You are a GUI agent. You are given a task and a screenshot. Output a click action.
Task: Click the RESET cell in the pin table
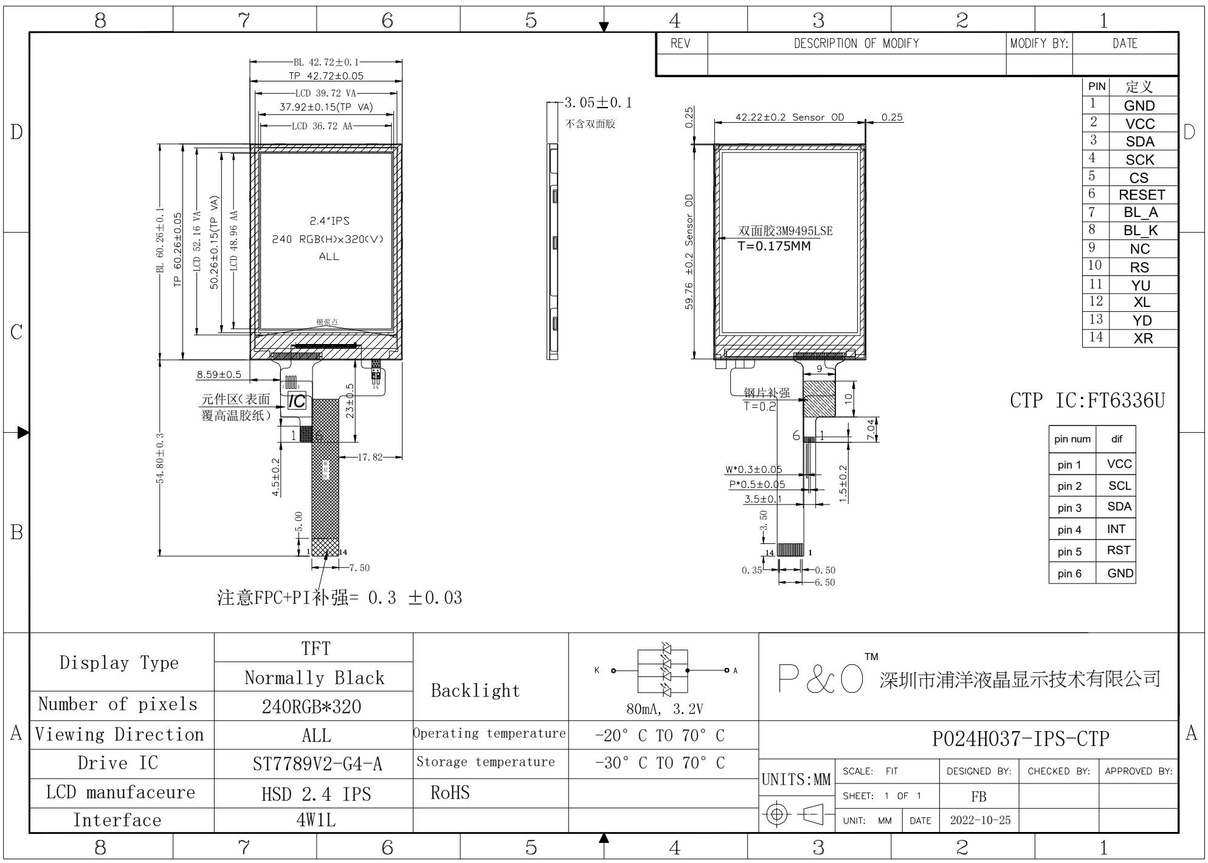tap(1141, 195)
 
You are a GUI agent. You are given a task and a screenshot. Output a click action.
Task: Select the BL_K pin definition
tap(1140, 231)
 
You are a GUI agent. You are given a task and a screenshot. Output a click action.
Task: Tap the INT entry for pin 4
tap(1116, 529)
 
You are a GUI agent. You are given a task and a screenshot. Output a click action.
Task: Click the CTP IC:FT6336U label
tap(1087, 401)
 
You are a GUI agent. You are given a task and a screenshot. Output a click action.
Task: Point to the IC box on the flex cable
tap(296, 401)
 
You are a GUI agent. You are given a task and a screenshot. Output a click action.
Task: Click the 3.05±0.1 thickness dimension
tap(598, 103)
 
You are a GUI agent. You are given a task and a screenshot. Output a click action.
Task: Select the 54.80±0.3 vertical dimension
tap(160, 458)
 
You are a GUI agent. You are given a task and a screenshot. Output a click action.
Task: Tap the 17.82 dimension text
tap(370, 457)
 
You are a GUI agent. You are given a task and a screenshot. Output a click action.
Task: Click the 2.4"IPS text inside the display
tap(330, 221)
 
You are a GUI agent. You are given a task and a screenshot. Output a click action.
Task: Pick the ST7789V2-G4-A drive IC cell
tap(317, 764)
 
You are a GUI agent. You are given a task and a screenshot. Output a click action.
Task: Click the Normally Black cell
tap(314, 678)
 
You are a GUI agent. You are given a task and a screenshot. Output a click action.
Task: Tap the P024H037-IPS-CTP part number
tap(1020, 739)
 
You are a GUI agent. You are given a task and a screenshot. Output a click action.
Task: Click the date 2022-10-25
tap(980, 820)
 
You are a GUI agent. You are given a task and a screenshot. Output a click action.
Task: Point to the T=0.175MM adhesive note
tap(774, 246)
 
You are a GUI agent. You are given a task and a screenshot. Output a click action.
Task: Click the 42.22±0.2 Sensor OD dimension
tap(789, 117)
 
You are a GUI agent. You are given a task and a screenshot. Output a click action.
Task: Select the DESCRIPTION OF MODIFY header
tap(856, 44)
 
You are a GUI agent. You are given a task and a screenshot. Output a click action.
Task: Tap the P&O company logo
tap(821, 679)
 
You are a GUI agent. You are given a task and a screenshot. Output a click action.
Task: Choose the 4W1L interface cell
tap(316, 820)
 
